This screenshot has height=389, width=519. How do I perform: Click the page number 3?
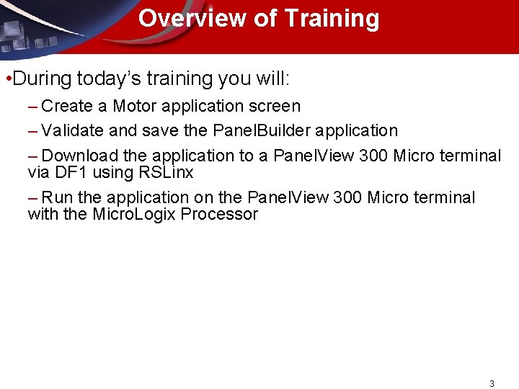pyautogui.click(x=492, y=384)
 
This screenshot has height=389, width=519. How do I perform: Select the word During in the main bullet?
pyautogui.click(x=40, y=77)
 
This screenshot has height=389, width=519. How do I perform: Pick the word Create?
pyautogui.click(x=67, y=107)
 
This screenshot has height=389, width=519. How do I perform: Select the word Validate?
pyautogui.click(x=71, y=131)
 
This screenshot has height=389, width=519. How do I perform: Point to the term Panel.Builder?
pyautogui.click(x=260, y=131)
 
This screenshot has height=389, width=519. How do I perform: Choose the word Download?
pyautogui.click(x=77, y=156)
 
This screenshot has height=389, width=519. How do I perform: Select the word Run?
pyautogui.click(x=57, y=197)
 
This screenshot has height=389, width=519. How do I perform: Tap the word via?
pyautogui.click(x=37, y=173)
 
